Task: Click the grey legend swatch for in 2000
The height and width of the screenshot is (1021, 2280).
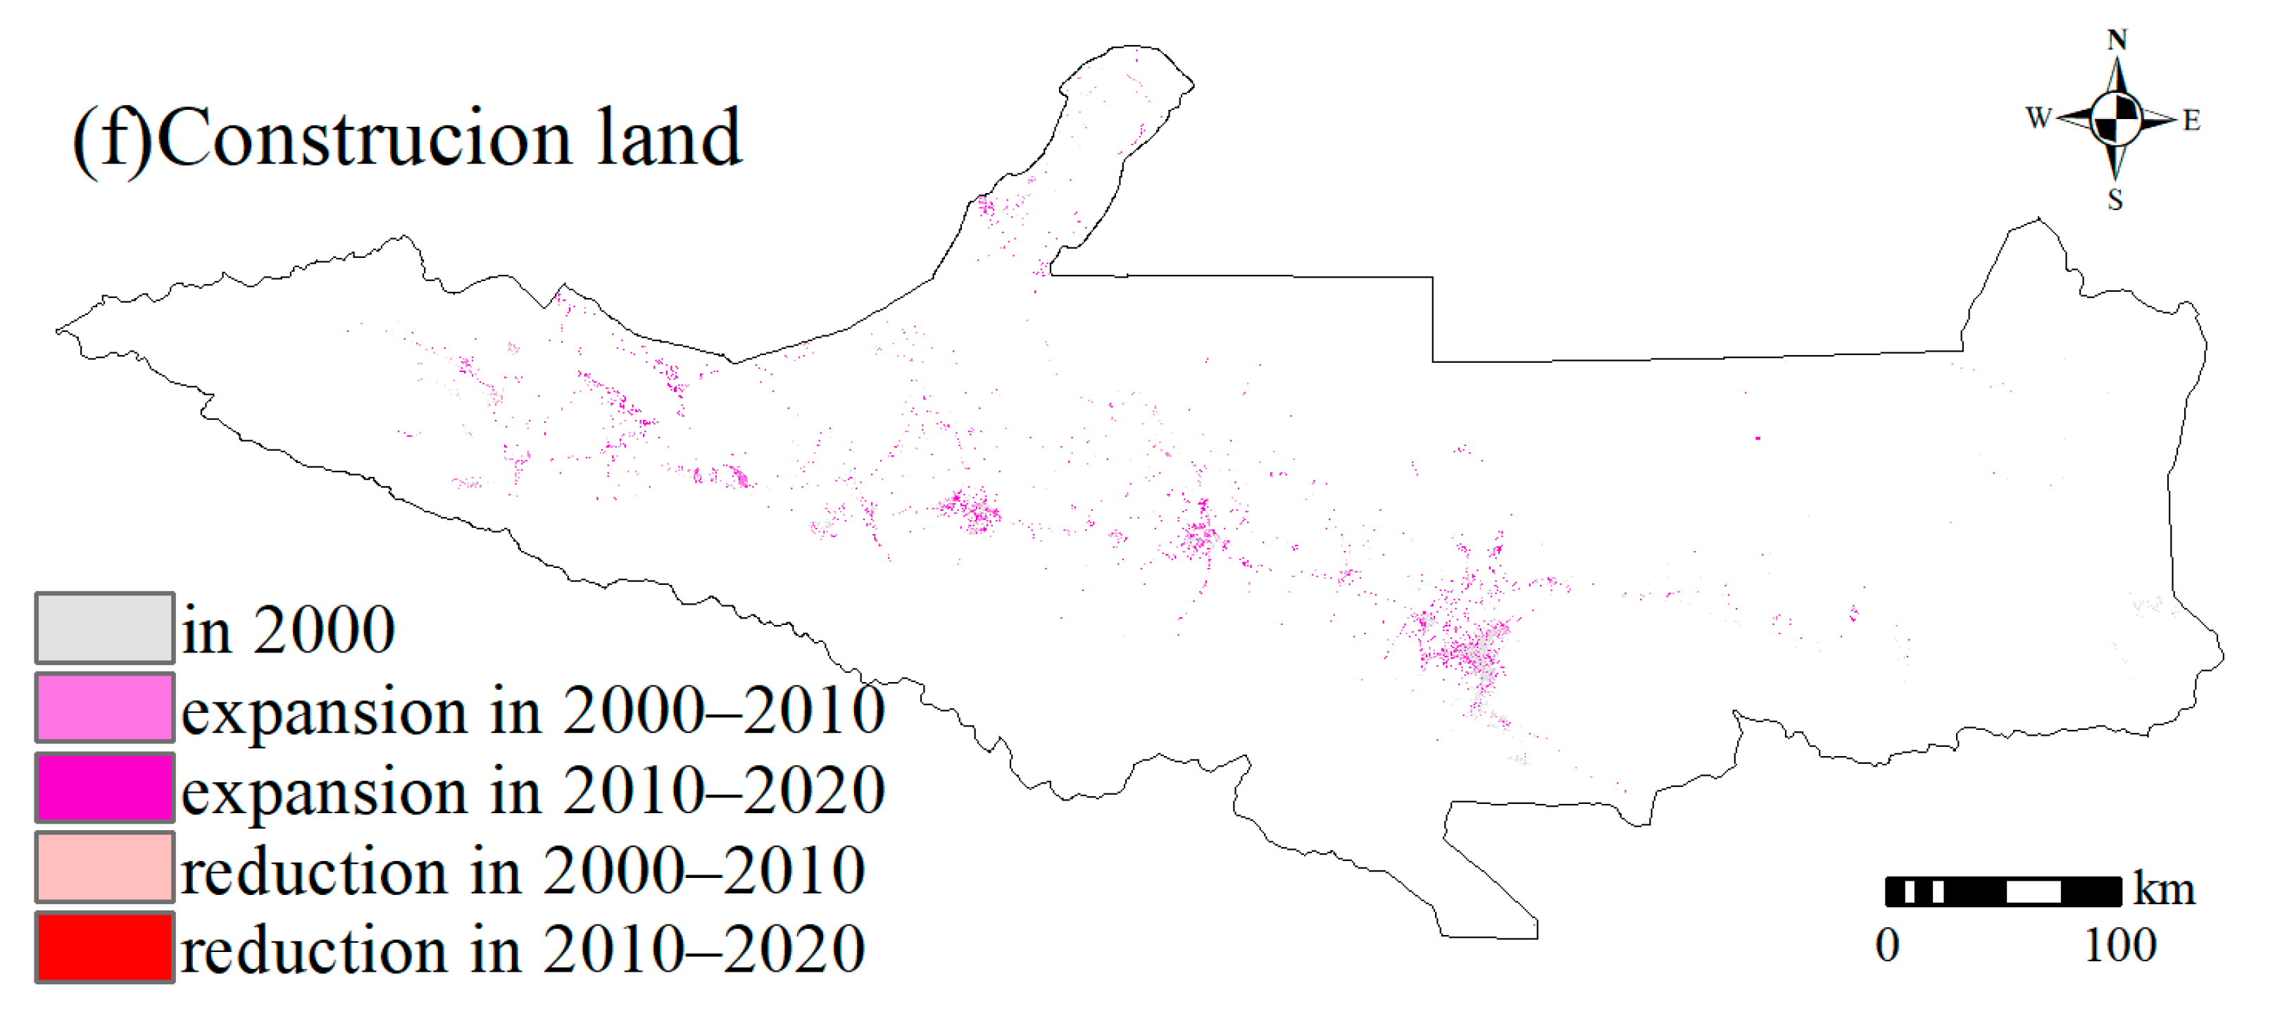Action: click(104, 628)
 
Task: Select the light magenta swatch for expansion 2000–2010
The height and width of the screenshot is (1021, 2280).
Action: click(104, 707)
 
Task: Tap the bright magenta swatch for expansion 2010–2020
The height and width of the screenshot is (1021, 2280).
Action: click(104, 787)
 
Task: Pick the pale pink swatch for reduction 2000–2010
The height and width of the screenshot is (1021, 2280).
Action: click(104, 867)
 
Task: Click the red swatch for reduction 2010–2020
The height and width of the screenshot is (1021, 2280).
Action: click(104, 946)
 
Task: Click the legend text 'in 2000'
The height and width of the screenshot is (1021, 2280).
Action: click(289, 631)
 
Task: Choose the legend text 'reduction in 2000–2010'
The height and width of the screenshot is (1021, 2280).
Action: click(523, 870)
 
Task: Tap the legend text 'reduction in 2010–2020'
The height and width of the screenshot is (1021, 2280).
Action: click(523, 949)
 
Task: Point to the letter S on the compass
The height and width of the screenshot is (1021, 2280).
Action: click(2115, 199)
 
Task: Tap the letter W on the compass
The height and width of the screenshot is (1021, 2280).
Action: click(2038, 118)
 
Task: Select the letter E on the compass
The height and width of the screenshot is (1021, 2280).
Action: click(2191, 120)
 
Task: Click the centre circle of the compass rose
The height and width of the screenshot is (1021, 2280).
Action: click(2116, 118)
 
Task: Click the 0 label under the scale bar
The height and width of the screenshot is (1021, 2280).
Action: click(1887, 945)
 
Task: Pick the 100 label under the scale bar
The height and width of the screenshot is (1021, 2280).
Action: click(2119, 945)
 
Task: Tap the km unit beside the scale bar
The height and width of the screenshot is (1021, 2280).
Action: click(2164, 889)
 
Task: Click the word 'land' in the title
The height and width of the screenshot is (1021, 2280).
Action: click(669, 137)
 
